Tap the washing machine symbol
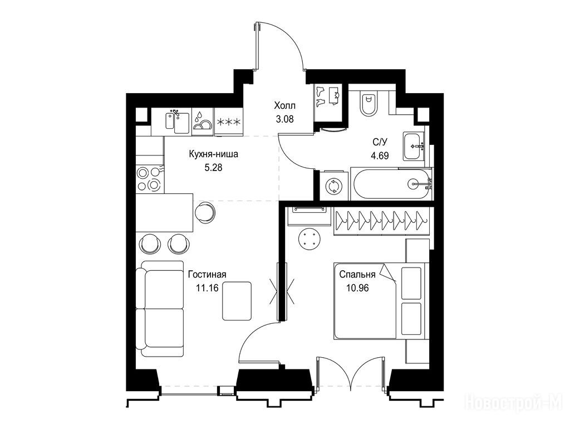[x=335, y=186]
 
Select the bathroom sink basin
[x=414, y=147]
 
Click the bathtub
[x=392, y=184]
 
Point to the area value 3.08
[x=284, y=119]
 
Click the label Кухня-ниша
[x=213, y=154]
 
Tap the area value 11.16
[x=207, y=288]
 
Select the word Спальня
[x=357, y=274]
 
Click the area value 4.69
[x=380, y=156]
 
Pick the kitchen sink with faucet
[x=177, y=121]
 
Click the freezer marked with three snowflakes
[x=229, y=122]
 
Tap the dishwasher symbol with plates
[x=202, y=121]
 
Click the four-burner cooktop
[x=150, y=179]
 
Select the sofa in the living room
[x=160, y=309]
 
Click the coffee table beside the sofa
[x=237, y=301]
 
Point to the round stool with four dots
[x=309, y=239]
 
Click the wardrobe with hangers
[x=381, y=222]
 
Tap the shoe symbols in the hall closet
[x=320, y=96]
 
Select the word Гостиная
[x=207, y=274]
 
